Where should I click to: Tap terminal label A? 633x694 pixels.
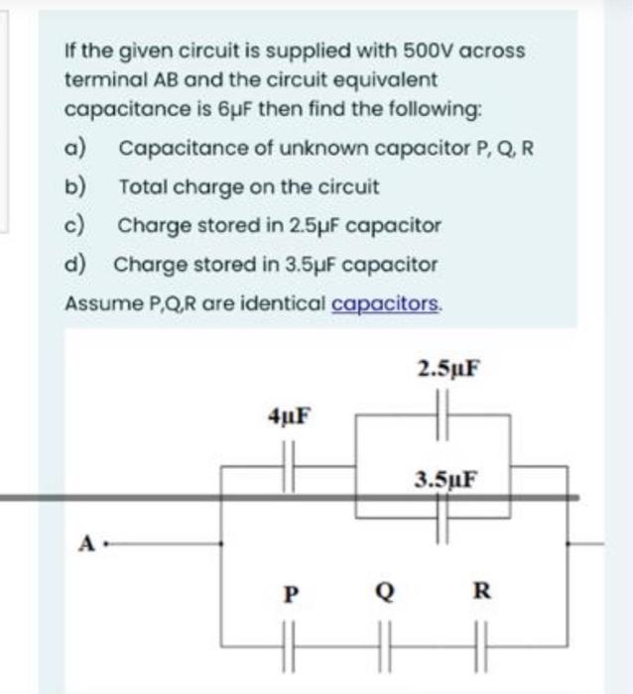click(x=88, y=543)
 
